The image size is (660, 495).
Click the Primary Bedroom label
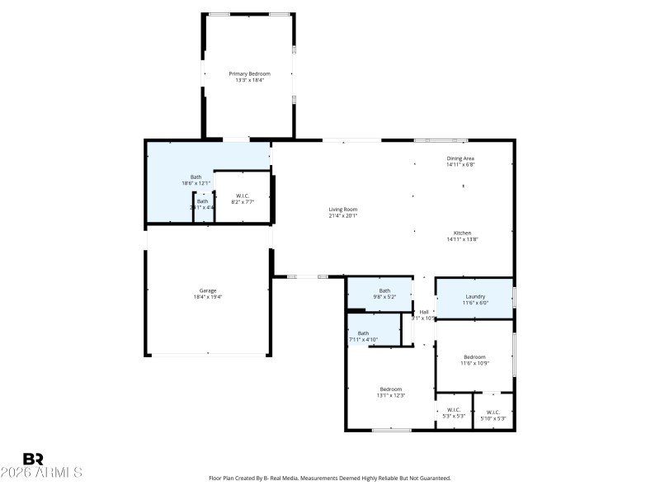249,73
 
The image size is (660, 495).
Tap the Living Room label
342,210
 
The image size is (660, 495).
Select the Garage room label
207,290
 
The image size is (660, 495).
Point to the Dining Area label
460,158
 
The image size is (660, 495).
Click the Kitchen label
461,233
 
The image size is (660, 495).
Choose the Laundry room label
475,296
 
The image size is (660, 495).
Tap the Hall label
423,312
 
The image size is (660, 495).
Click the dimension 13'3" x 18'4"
249,81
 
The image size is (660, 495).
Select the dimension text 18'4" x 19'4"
207,297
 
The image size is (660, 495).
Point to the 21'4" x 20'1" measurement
342,216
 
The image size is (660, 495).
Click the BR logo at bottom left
33,460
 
